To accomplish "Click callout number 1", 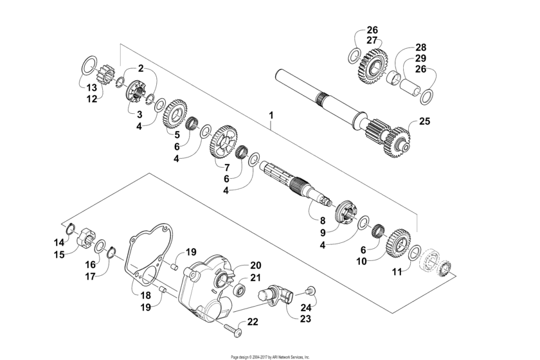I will point(271,116).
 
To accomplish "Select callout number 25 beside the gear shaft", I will point(424,120).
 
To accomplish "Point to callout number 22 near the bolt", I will point(253,321).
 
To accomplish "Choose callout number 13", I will point(93,87).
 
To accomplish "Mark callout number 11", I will point(397,272).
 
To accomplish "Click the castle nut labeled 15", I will point(84,243).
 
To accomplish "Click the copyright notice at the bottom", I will point(270,355).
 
